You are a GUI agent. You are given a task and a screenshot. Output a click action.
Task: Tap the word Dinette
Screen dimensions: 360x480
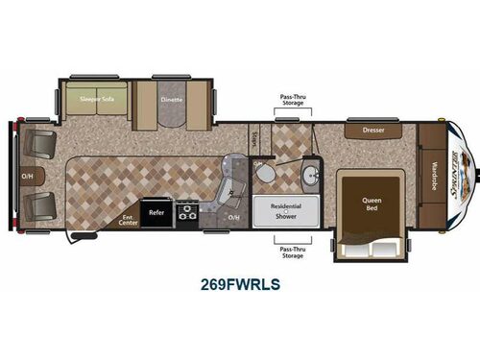click(x=172, y=98)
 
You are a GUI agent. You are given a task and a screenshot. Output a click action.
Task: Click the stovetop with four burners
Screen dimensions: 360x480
click(x=186, y=211)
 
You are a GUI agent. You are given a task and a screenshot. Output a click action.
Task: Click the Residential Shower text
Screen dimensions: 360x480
click(x=286, y=211)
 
